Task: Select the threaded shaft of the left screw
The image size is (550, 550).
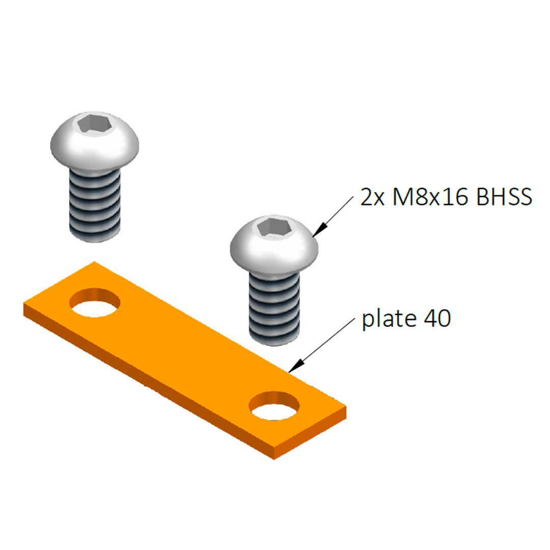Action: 95,204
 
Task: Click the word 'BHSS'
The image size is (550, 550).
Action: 504,197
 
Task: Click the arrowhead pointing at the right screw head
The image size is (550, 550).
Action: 318,232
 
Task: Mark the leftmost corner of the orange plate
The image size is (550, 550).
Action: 24,305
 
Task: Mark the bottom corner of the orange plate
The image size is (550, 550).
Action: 274,458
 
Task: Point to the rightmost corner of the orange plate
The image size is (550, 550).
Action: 346,407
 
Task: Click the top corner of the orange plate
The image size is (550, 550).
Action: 95,262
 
